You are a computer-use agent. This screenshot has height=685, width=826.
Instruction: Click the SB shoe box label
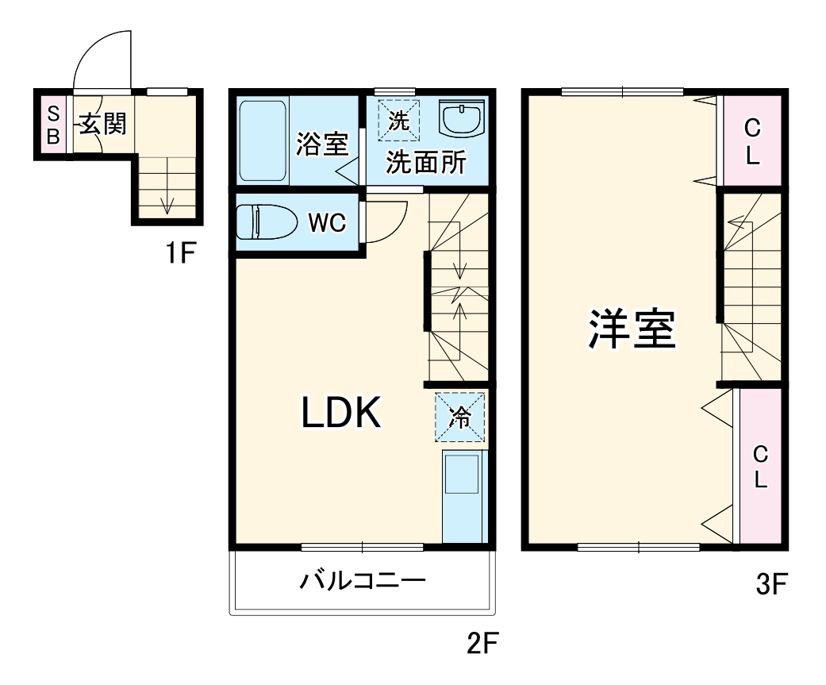click(x=52, y=124)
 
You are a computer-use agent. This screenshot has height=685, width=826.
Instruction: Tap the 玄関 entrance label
click(x=102, y=124)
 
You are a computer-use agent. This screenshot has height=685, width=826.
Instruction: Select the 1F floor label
click(x=180, y=254)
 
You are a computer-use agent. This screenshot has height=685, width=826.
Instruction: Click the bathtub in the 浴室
click(x=263, y=140)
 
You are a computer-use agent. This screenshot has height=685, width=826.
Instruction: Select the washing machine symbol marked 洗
click(x=400, y=121)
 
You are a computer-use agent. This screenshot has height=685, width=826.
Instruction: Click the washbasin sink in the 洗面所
click(x=461, y=121)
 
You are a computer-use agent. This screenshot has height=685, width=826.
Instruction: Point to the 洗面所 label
click(x=426, y=163)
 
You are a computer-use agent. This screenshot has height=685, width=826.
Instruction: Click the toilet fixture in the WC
click(x=266, y=222)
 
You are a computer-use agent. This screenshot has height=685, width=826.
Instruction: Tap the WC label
click(x=326, y=224)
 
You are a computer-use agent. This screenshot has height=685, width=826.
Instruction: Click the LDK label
click(x=342, y=414)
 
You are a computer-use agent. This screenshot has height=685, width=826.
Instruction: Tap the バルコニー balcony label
click(x=362, y=581)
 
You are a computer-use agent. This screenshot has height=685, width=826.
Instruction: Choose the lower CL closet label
click(x=760, y=467)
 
